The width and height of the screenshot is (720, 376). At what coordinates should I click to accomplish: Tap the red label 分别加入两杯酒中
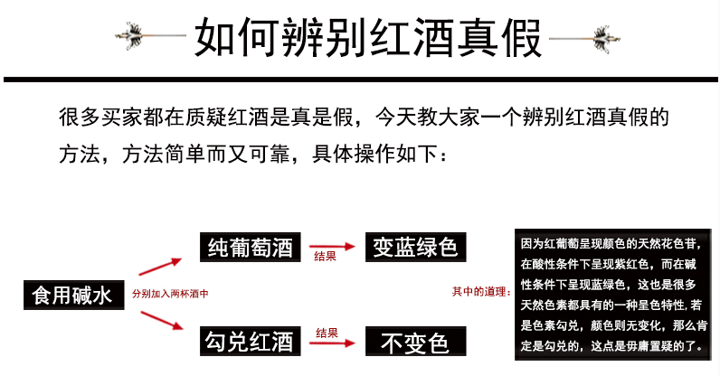[x=170, y=295]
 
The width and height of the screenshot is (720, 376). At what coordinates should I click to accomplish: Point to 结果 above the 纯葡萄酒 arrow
[x=326, y=257]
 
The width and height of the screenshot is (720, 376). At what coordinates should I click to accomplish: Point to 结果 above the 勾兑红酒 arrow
[x=327, y=332]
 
